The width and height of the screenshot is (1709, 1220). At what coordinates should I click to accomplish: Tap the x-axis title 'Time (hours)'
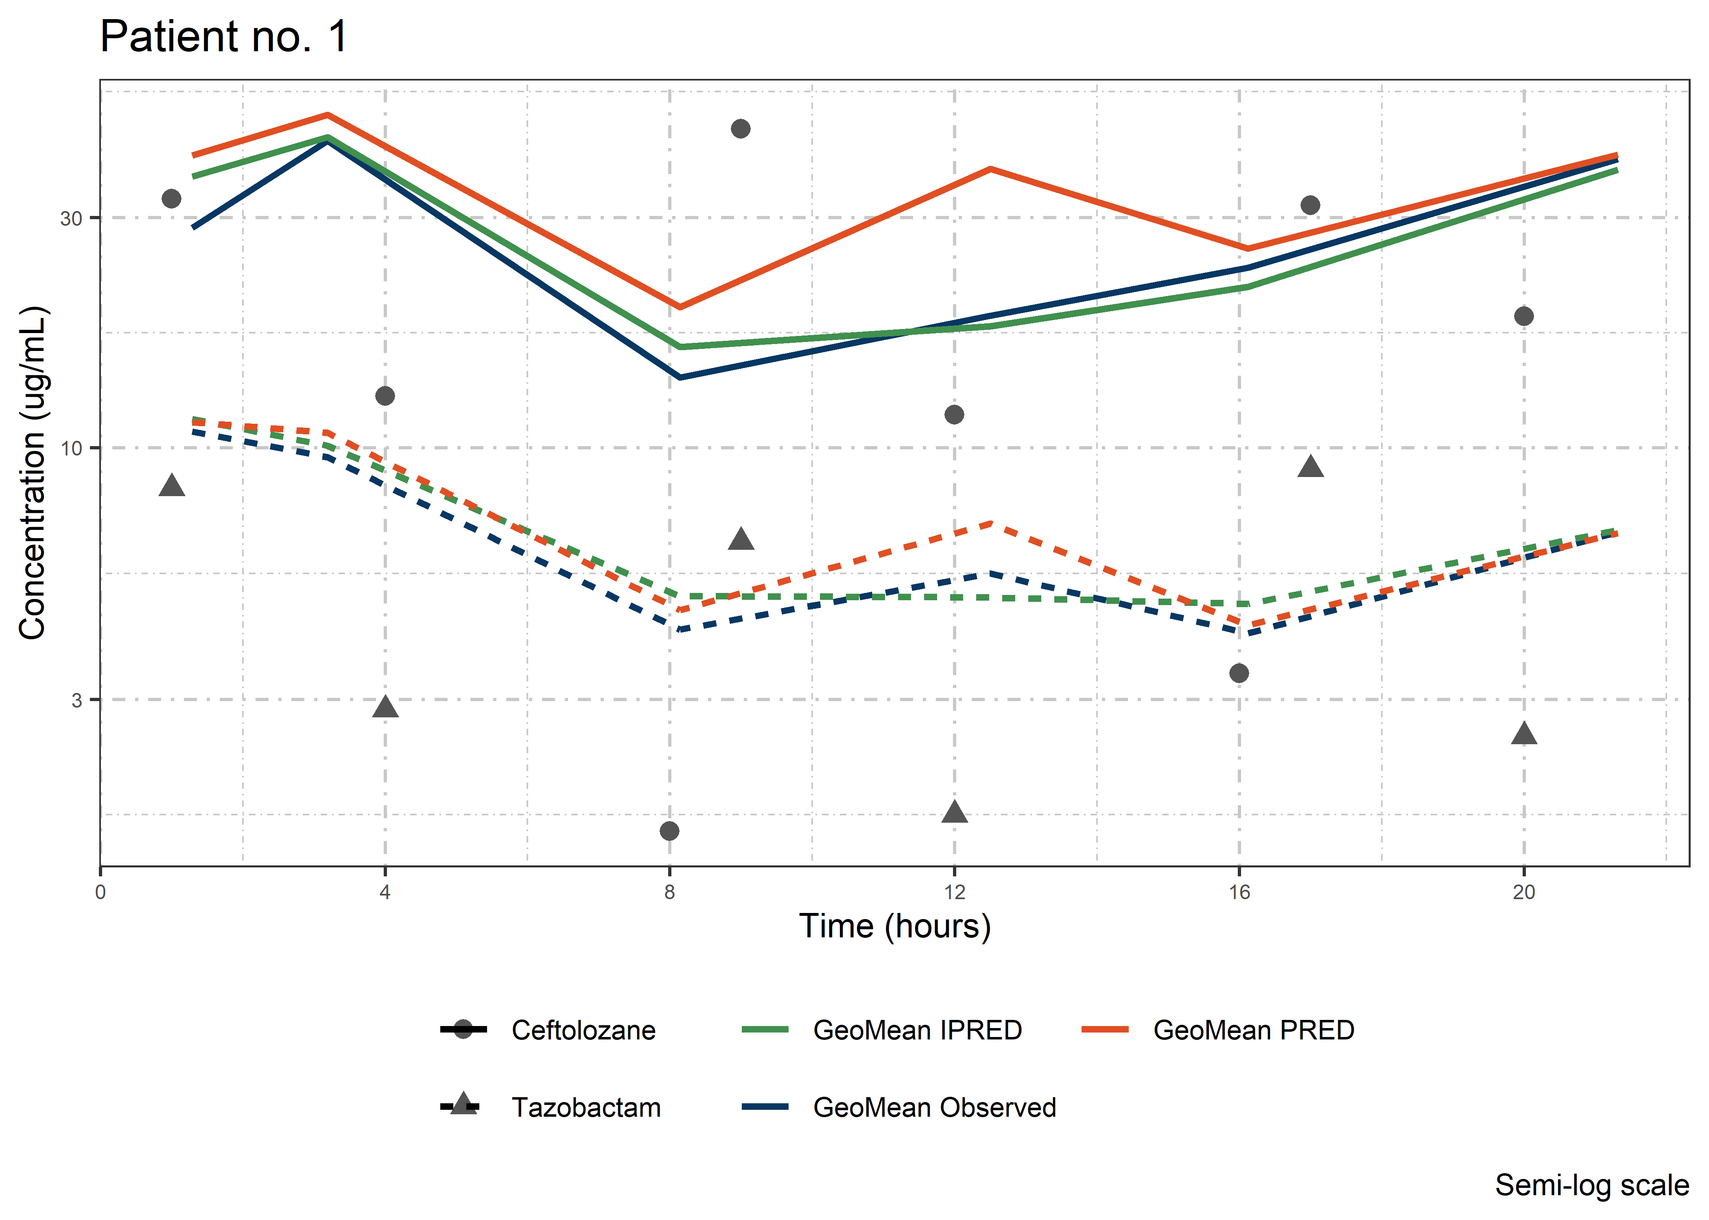pyautogui.click(x=894, y=926)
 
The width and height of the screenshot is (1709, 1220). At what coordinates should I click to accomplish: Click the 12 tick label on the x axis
pyautogui.click(x=955, y=893)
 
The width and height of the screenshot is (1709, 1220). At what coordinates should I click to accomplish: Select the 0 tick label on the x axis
pyautogui.click(x=101, y=893)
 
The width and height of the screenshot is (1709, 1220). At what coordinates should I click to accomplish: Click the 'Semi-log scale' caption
pyautogui.click(x=1592, y=1185)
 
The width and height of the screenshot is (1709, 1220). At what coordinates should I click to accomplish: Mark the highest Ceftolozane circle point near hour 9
pyautogui.click(x=740, y=129)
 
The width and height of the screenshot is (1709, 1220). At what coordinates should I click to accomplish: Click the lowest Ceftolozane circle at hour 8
pyautogui.click(x=670, y=831)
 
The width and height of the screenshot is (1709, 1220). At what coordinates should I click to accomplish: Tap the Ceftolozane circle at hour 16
pyautogui.click(x=1239, y=673)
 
